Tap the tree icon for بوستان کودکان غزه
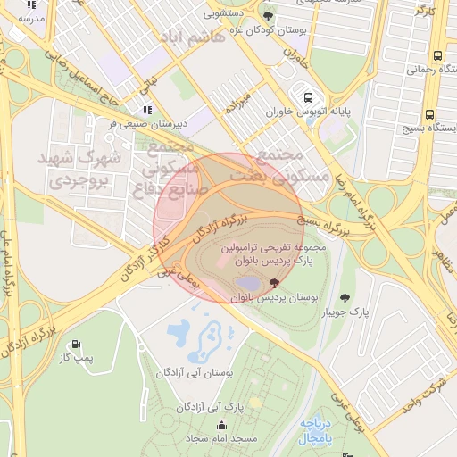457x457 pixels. [268, 16]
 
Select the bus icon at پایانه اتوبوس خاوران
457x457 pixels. [308, 98]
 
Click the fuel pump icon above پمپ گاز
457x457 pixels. [75, 345]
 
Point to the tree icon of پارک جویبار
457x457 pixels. [345, 297]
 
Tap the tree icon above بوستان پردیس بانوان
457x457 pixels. [272, 283]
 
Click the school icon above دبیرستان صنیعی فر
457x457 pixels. [147, 110]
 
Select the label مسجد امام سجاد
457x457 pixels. [221, 440]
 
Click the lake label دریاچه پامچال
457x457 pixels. [316, 431]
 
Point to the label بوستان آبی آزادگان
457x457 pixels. [195, 371]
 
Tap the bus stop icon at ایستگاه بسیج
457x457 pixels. [430, 114]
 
